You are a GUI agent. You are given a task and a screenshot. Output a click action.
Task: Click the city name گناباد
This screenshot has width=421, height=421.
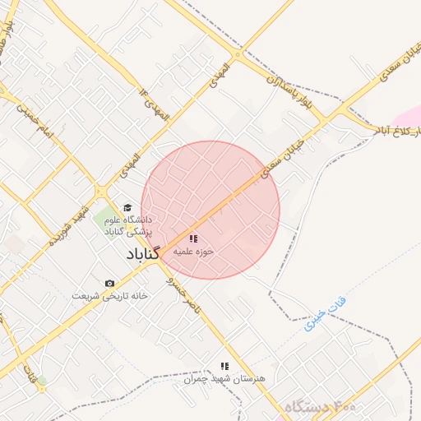[x=142, y=256]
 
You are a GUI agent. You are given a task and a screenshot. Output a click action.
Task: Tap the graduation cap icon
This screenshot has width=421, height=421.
[x=127, y=207]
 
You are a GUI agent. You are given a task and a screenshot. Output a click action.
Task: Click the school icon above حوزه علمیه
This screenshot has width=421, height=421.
[x=193, y=238]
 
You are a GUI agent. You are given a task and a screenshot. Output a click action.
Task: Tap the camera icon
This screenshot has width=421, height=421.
[x=110, y=284]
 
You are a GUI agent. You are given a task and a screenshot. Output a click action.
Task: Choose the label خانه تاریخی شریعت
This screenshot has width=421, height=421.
[x=109, y=295]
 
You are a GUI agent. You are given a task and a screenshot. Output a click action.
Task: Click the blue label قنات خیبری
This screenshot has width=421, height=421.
[x=326, y=313]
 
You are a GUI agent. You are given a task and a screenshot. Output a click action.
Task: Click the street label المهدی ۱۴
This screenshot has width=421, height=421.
[x=155, y=103]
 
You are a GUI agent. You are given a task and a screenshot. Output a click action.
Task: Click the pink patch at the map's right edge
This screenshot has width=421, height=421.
[x=409, y=115]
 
